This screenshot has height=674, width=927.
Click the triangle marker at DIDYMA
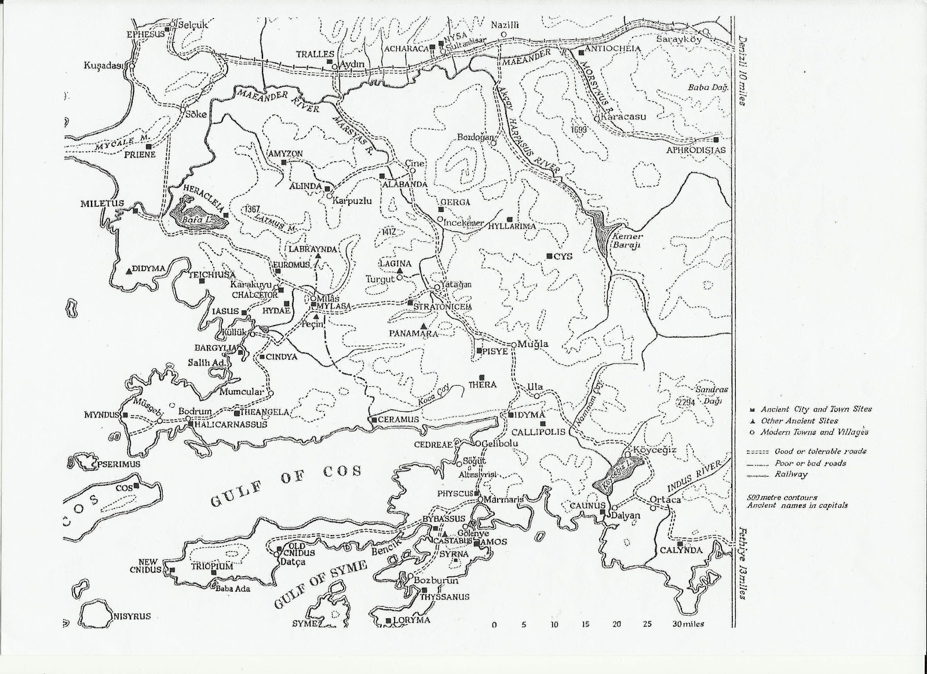point(129,270)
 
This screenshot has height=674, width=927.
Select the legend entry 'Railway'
point(790,474)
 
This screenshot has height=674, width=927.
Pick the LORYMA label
point(411,620)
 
